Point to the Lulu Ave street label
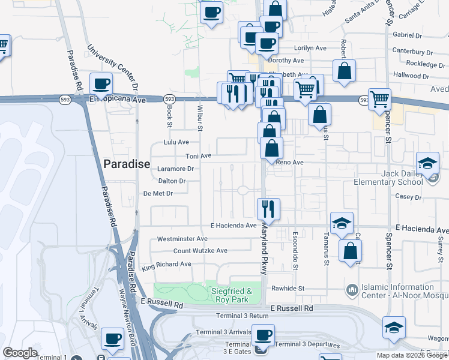coord(176,142)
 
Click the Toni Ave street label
coord(199,156)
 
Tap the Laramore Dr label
coord(175,169)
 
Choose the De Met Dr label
coord(158,193)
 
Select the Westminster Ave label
coord(182,239)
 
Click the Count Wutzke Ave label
coord(200,251)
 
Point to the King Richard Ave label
coord(166,264)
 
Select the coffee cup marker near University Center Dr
coord(101,83)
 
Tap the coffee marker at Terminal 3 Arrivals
coord(262,335)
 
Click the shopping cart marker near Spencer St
coord(379,99)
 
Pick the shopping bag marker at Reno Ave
coord(272,148)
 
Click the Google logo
coord(20,353)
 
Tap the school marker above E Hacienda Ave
coord(342,223)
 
